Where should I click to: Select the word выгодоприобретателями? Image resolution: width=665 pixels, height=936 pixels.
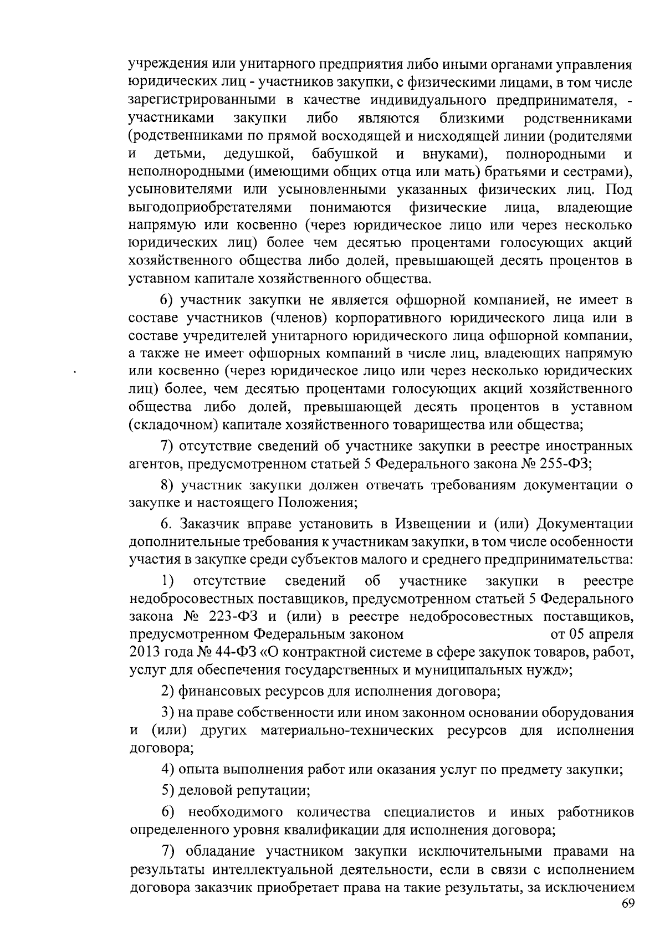(x=210, y=207)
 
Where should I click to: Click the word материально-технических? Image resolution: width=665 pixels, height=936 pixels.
(x=346, y=730)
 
